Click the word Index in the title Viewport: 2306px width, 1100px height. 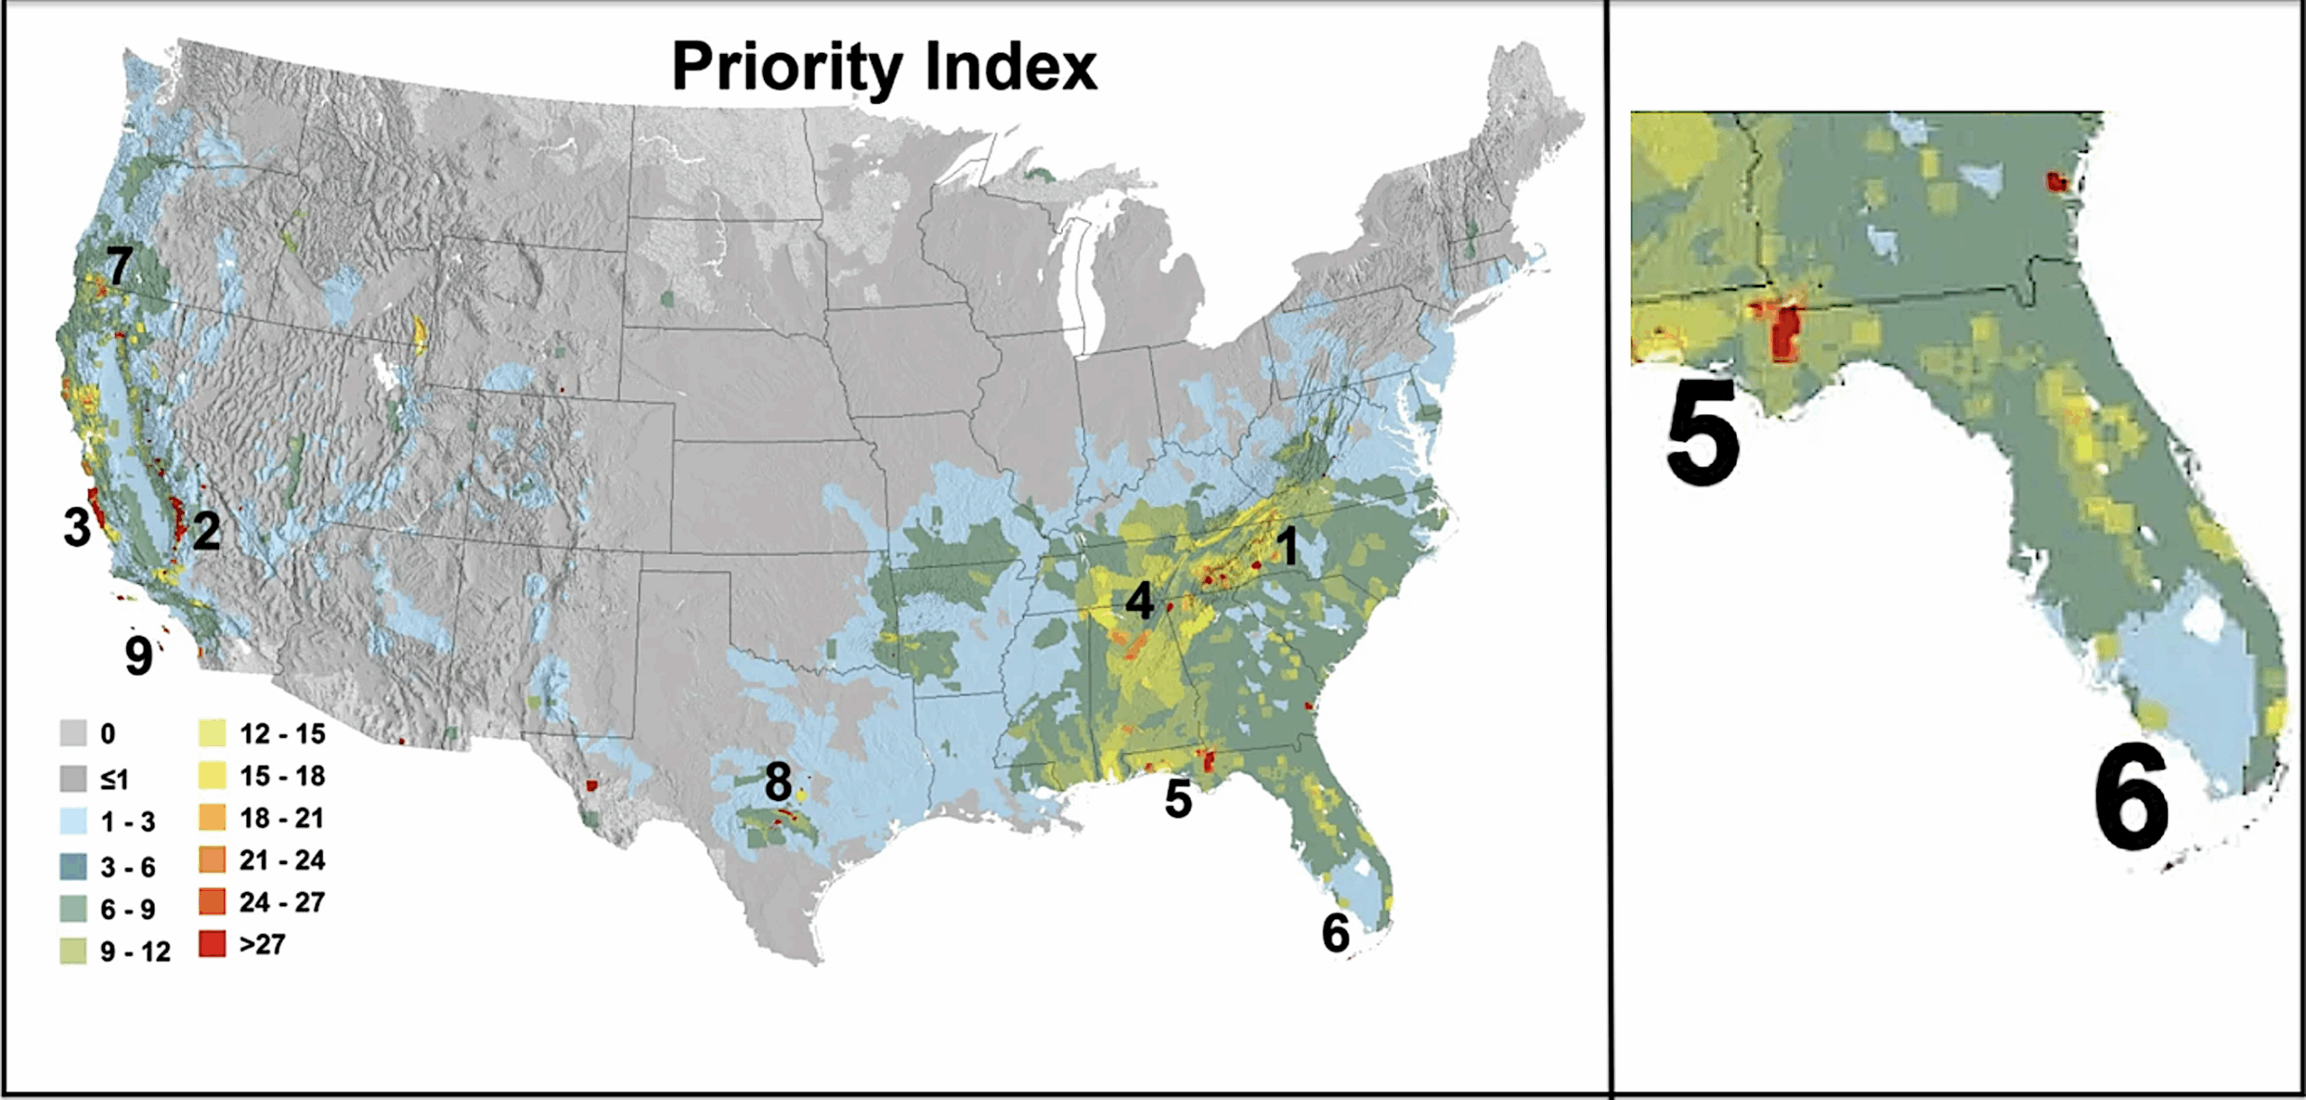coord(1011,67)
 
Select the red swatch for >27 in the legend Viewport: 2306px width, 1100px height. coord(212,943)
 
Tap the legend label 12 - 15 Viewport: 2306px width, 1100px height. coord(282,734)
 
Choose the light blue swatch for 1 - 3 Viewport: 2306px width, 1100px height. coord(73,821)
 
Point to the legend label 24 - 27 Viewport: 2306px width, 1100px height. coord(282,902)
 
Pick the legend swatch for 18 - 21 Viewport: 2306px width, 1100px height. coord(212,817)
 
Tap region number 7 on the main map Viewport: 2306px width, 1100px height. coord(118,266)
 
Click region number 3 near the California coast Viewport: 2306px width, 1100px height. coord(77,528)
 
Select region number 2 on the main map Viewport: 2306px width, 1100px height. coord(206,532)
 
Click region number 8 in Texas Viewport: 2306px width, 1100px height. coord(778,781)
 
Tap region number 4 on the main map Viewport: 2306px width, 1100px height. coord(1139,601)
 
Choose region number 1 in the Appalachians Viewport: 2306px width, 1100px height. coord(1289,546)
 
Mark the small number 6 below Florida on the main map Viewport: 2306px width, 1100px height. coord(1335,933)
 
